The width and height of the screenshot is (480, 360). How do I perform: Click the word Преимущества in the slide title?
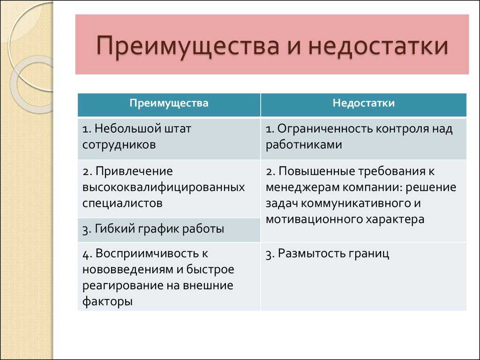(x=187, y=46)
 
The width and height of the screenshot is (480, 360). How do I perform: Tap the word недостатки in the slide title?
(x=378, y=45)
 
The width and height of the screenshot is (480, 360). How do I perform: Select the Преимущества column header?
(x=169, y=103)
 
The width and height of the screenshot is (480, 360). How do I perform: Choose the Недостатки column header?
(x=364, y=103)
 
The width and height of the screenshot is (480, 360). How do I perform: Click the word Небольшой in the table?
(x=127, y=128)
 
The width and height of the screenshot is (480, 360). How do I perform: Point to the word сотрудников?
(x=119, y=145)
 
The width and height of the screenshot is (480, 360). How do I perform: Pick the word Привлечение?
(x=134, y=172)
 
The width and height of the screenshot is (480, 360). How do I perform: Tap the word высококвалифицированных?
(x=164, y=187)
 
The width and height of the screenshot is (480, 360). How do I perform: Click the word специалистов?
(x=122, y=203)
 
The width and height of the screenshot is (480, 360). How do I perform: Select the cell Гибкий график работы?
(x=169, y=230)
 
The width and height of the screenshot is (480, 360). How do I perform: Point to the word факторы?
(x=107, y=301)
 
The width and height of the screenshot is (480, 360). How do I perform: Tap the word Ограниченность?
(x=325, y=129)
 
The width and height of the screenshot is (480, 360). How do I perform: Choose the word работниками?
(x=304, y=145)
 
